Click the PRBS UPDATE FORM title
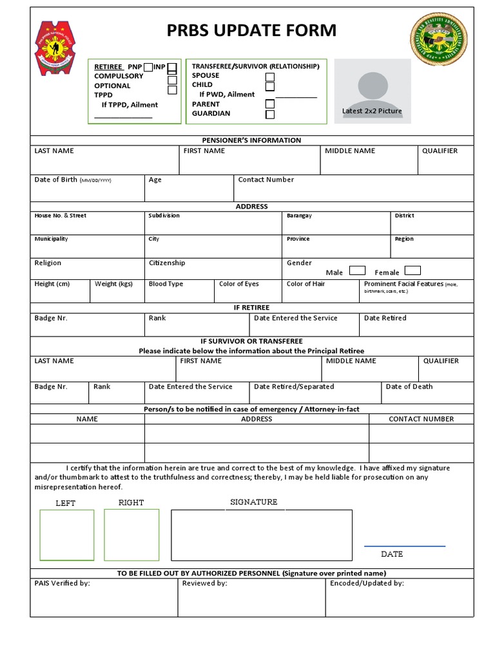[x=251, y=30]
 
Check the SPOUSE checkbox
[x=270, y=77]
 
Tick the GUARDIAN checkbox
[x=270, y=115]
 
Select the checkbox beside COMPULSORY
[x=172, y=80]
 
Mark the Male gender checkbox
[x=357, y=271]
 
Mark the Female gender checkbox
[x=412, y=271]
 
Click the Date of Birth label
[x=55, y=180]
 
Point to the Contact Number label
[x=266, y=180]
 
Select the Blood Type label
[x=166, y=284]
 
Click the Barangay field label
[x=299, y=216]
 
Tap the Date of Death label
[x=409, y=387]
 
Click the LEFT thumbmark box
[x=66, y=534]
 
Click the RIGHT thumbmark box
[x=131, y=534]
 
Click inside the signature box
[x=261, y=534]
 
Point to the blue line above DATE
[x=404, y=546]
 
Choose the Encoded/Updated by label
[x=367, y=584]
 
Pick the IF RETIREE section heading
[x=251, y=308]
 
